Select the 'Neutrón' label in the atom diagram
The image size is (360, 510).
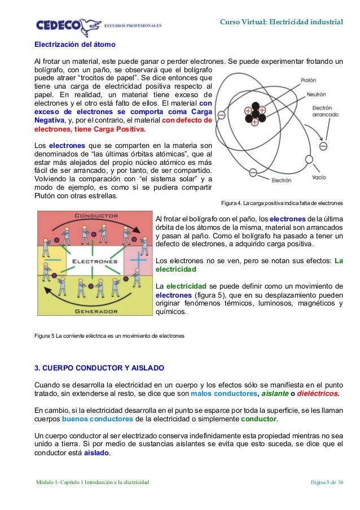click(316, 94)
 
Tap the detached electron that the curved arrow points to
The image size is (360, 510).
click(323, 146)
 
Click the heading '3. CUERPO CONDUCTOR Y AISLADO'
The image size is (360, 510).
click(99, 368)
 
